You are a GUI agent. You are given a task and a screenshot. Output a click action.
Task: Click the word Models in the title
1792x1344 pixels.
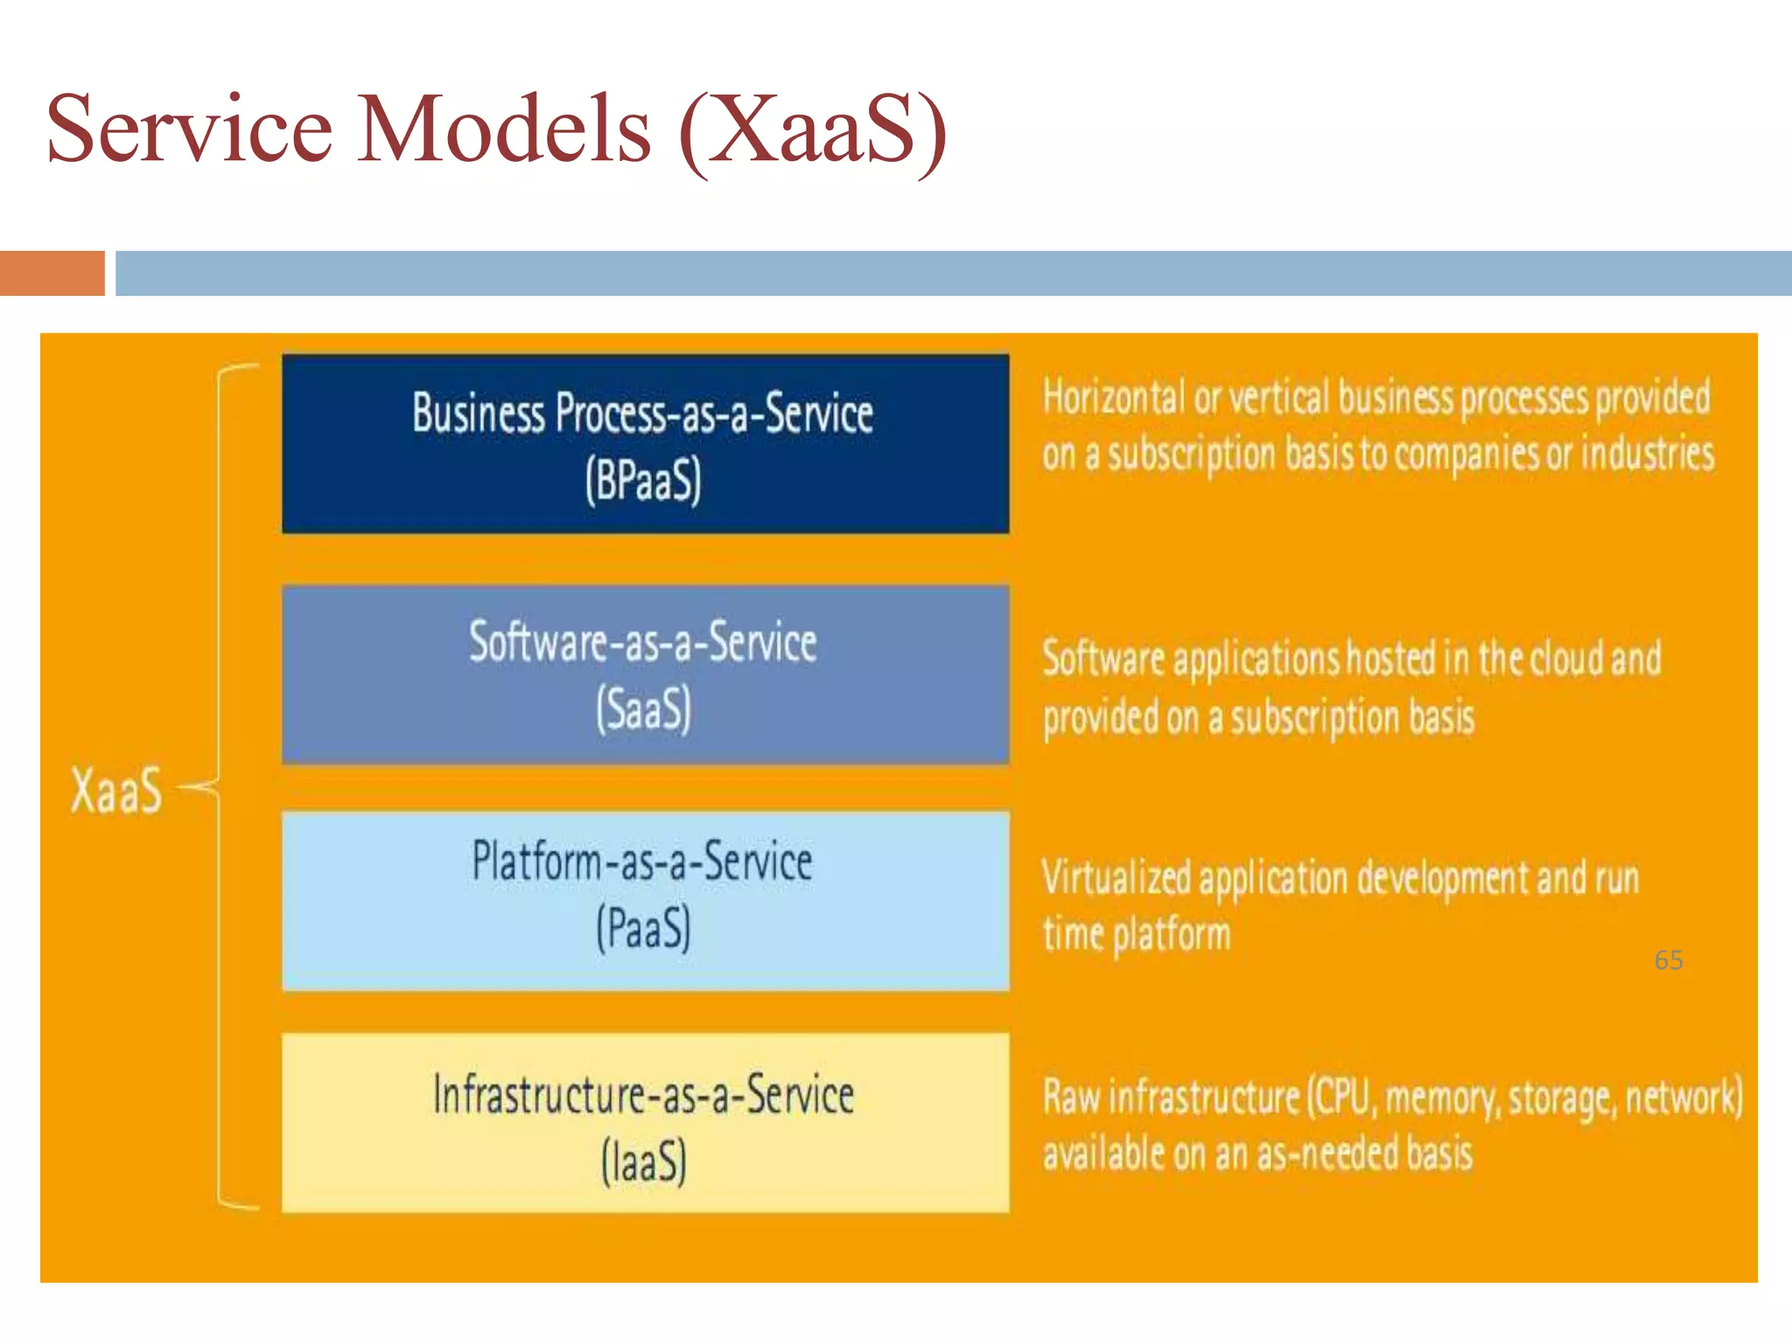[x=504, y=129]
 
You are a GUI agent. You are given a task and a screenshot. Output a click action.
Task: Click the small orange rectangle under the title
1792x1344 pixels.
[x=52, y=273]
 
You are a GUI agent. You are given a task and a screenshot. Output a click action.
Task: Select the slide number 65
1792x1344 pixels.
[x=1668, y=960]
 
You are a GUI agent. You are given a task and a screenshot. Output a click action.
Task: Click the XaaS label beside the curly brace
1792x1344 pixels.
[x=116, y=790]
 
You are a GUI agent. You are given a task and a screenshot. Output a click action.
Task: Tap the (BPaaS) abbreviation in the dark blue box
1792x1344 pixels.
[x=644, y=480]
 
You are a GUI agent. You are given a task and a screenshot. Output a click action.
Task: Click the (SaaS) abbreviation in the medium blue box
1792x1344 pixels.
[x=644, y=709]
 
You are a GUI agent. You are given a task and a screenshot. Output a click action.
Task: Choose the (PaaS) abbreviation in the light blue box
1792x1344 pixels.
[x=644, y=928]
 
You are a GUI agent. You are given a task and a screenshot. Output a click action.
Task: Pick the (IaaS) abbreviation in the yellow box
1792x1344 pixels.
[x=644, y=1162]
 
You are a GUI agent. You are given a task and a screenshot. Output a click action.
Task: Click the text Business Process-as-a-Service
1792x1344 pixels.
[x=643, y=413]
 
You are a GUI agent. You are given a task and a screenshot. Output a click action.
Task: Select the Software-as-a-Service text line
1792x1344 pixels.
[x=643, y=641]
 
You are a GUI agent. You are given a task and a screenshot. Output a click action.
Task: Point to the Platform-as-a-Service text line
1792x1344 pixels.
[x=643, y=861]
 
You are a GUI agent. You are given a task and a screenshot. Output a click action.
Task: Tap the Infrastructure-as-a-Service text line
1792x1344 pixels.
[x=643, y=1095]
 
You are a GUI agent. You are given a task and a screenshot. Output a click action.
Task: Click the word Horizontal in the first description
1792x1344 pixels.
[x=1113, y=397]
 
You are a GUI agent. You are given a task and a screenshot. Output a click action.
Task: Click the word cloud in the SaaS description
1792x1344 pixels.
[x=1566, y=658]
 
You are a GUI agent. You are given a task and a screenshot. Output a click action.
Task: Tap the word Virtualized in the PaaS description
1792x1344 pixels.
[x=1116, y=878]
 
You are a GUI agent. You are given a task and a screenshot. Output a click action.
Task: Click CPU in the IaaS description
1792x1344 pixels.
[x=1341, y=1096]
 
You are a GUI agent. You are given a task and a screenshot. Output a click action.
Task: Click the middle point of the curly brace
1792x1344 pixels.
[x=210, y=787]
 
